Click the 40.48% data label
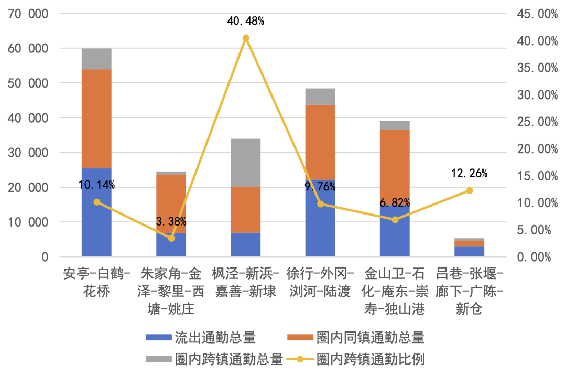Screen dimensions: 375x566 click(x=245, y=22)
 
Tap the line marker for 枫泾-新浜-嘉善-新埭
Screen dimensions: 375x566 click(x=246, y=38)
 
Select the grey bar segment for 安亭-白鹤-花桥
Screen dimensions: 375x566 click(x=96, y=59)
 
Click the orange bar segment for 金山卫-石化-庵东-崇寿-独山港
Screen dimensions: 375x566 click(x=395, y=168)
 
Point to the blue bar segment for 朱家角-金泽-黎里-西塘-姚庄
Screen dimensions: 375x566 click(x=171, y=245)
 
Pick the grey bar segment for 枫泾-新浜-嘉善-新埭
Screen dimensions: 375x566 click(x=246, y=163)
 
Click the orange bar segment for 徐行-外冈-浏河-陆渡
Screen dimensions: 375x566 click(x=320, y=142)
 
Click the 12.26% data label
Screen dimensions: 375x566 click(x=469, y=173)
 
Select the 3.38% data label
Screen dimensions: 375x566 click(x=171, y=221)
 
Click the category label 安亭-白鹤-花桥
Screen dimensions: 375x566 click(x=96, y=282)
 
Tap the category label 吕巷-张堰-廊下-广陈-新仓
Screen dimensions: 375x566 click(x=470, y=291)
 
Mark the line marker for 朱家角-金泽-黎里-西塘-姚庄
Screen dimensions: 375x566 click(x=171, y=238)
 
